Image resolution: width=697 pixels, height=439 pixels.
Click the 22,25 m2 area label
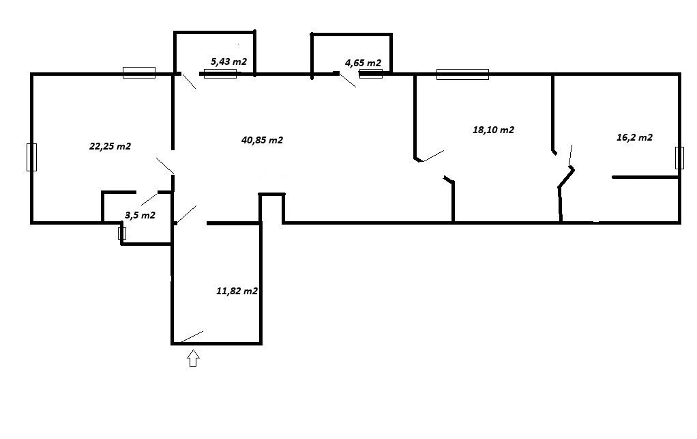point(110,146)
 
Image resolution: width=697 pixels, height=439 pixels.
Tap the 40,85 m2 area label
point(263,140)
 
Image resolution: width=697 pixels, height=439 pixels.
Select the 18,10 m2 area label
point(493,130)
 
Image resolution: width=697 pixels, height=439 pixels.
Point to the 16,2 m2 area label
point(634,137)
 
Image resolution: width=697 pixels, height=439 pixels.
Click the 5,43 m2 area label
point(228,61)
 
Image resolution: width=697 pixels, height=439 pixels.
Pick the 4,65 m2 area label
point(364,63)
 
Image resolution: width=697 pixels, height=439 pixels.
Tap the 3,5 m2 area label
point(140,215)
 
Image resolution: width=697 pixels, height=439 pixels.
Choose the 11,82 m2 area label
point(237,291)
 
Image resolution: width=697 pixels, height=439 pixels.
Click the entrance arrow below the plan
point(193,358)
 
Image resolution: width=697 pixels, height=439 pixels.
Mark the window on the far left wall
point(31,157)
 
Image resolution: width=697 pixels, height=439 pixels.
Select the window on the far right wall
point(679,158)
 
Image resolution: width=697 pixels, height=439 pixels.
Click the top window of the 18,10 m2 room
point(463,74)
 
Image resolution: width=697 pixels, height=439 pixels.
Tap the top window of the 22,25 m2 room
point(139,72)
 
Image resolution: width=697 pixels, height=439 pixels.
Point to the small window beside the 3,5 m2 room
point(122,233)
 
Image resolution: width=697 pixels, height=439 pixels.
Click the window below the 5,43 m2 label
point(220,73)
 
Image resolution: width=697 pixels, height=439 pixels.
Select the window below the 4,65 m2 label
point(371,73)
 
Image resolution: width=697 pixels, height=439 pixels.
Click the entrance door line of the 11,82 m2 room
point(192,337)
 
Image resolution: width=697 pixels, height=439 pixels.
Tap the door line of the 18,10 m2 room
point(433,156)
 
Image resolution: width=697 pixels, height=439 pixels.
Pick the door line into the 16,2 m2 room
point(571,155)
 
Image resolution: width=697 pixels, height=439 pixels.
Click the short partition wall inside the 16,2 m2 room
point(645,177)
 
